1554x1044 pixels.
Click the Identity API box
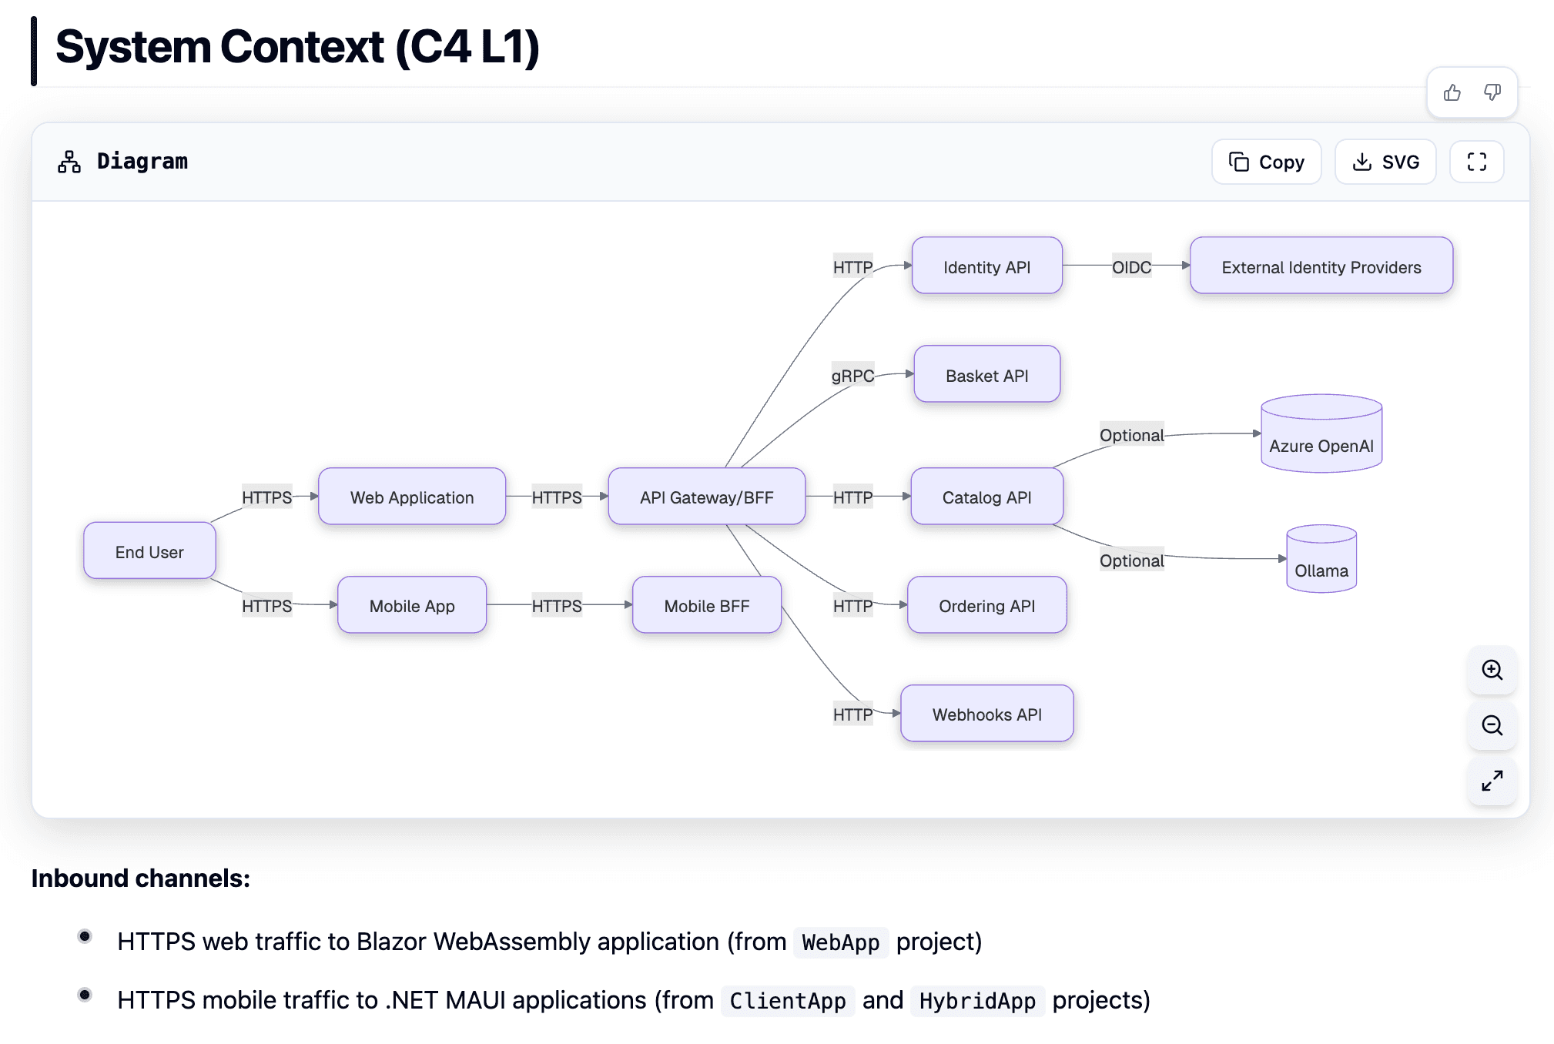986,266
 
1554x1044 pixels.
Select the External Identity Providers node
1321,266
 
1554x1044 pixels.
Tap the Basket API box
986,375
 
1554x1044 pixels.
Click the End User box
149,551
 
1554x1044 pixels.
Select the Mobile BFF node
706,606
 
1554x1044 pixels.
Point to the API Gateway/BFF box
706,497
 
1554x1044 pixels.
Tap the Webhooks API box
986,714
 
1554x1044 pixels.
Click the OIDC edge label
1130,266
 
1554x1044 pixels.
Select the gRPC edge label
852,375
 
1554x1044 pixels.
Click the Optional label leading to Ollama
1130,560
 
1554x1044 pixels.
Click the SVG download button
1385,162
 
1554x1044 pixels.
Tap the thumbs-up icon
1452,93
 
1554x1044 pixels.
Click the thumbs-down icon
1492,93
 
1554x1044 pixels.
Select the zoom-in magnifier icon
1492,670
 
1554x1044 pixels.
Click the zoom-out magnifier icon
1492,725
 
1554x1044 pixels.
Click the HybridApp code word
976,1001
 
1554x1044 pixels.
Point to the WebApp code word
840,942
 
